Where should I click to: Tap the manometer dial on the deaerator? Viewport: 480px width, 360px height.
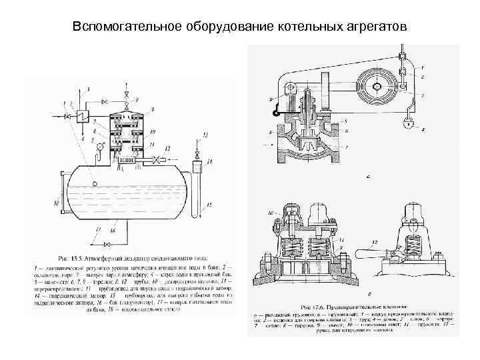(x=100, y=146)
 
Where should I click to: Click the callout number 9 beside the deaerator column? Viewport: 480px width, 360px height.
(x=153, y=109)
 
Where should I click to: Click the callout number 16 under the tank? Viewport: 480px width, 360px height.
(x=113, y=230)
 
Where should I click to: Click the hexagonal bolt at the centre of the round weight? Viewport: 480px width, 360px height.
(x=376, y=87)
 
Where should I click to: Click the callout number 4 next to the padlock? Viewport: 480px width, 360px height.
(x=423, y=128)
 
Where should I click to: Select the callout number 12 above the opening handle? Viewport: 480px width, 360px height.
(x=378, y=242)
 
